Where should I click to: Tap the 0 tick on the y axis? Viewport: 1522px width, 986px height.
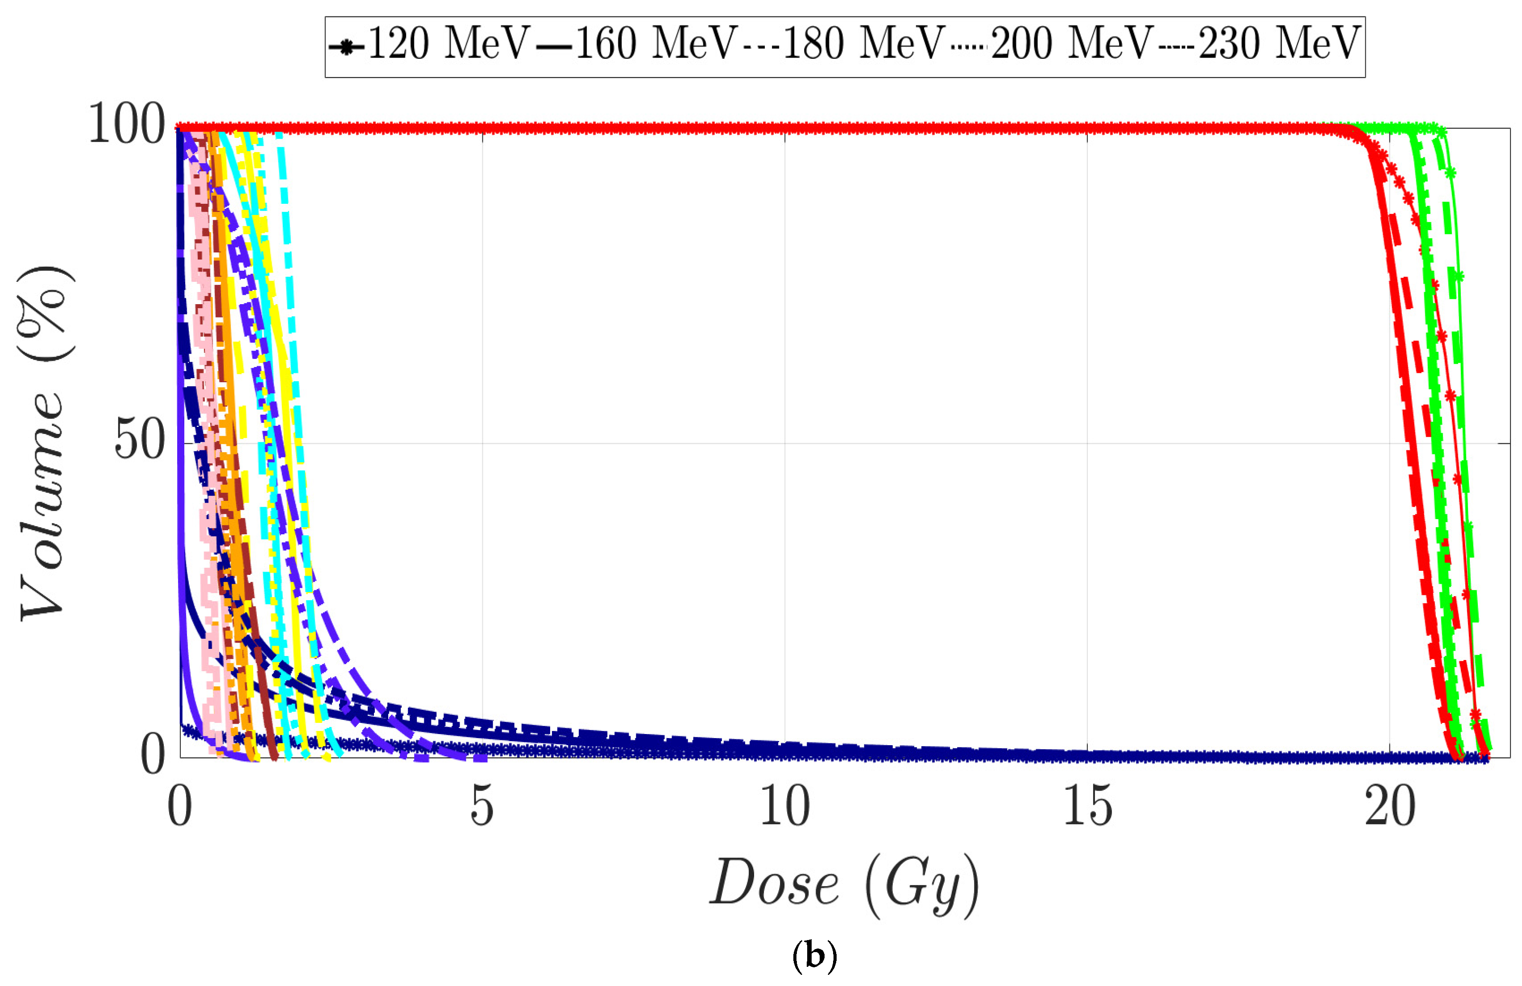pyautogui.click(x=153, y=755)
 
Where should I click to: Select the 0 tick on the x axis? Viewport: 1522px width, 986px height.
pyautogui.click(x=180, y=808)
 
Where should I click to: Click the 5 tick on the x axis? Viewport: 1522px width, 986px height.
pyautogui.click(x=482, y=808)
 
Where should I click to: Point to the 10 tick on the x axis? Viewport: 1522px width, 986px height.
pyautogui.click(x=785, y=808)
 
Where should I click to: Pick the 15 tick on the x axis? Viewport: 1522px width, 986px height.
pyautogui.click(x=1087, y=808)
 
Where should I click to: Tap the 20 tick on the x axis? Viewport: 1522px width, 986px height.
pyautogui.click(x=1389, y=808)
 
